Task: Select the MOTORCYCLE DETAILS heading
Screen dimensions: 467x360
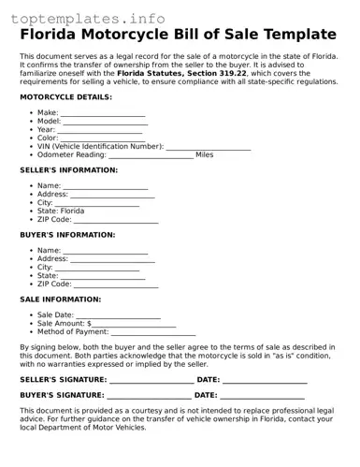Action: (65, 97)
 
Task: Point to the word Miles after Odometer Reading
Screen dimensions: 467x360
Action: (204, 155)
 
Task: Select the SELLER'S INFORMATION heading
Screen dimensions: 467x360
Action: (68, 171)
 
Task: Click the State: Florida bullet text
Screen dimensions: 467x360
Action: (61, 212)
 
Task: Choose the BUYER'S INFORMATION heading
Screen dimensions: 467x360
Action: (67, 235)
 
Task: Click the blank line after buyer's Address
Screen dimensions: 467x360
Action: (113, 259)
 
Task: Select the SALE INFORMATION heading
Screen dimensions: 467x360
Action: (61, 299)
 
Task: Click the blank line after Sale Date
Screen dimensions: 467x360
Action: (118, 315)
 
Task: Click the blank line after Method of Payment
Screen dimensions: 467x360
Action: (153, 332)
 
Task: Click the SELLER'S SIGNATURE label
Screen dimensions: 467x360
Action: (63, 381)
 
